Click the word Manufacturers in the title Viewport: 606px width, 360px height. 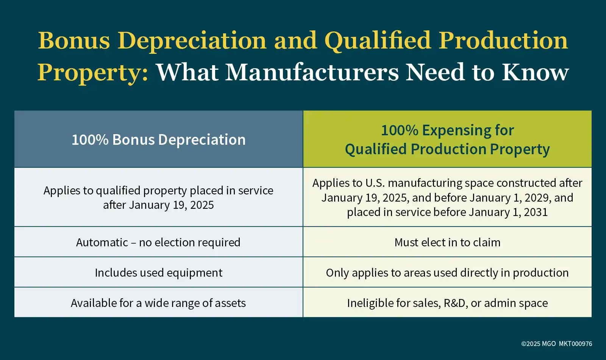click(x=312, y=72)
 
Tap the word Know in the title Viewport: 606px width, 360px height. click(x=536, y=72)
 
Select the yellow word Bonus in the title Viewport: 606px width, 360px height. click(x=74, y=41)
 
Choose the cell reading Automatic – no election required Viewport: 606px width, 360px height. click(x=158, y=242)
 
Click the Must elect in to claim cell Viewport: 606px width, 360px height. click(x=447, y=242)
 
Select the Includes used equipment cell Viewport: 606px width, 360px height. click(x=159, y=272)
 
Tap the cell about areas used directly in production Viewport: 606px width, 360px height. click(x=447, y=272)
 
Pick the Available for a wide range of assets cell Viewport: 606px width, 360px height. click(x=158, y=303)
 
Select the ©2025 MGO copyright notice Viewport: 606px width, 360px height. click(x=538, y=344)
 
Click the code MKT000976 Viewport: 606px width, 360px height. click(x=575, y=344)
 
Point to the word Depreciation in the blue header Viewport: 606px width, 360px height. click(x=202, y=140)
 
